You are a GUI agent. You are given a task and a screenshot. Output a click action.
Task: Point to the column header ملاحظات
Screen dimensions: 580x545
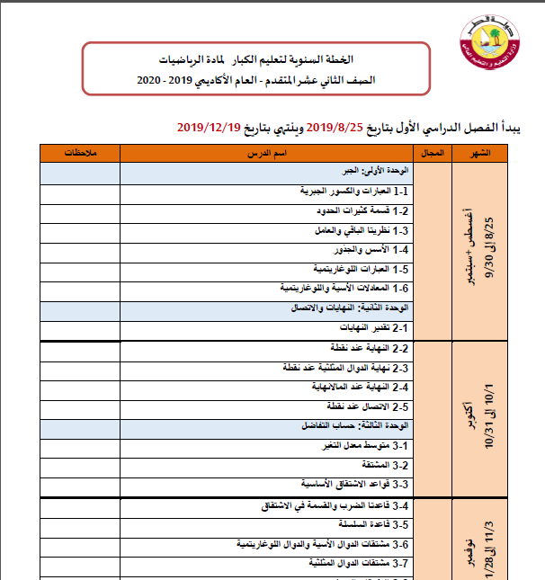point(79,153)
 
